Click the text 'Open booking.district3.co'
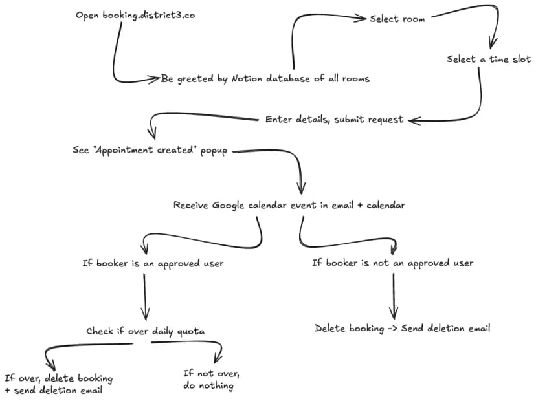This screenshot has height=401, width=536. coord(135,15)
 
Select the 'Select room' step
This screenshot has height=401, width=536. coord(397,19)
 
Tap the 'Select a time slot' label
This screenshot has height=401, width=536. coord(488,59)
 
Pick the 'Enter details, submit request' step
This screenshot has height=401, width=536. coord(334,119)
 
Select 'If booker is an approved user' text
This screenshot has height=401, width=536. coord(153,263)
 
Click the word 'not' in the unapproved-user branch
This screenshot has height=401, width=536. coord(381,263)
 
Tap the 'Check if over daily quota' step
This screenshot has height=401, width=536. coord(146,331)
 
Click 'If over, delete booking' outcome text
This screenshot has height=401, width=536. coord(58,378)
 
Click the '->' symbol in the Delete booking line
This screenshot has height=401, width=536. coord(392,329)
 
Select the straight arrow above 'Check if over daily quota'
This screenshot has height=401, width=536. coord(144,297)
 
